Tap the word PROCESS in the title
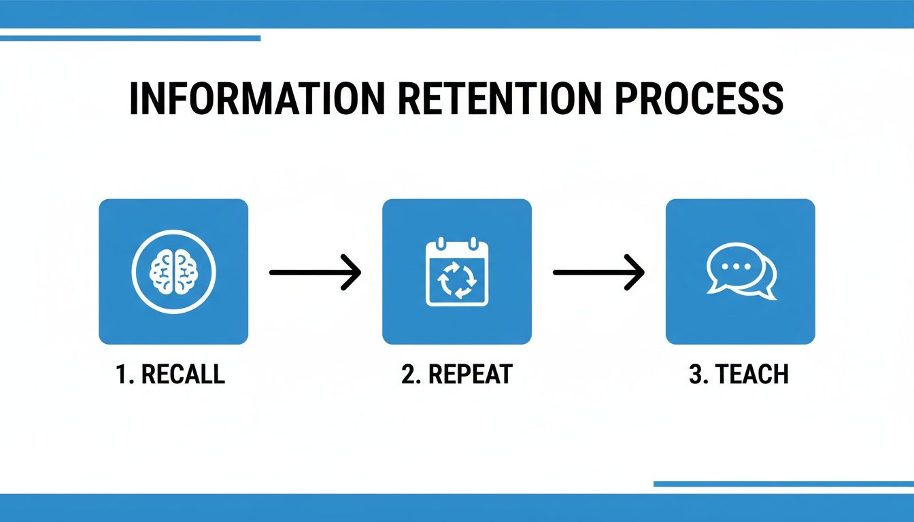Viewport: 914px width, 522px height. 701,99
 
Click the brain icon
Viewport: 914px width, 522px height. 173,272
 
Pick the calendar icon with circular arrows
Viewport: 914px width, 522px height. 456,272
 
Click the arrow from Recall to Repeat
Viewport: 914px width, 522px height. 315,273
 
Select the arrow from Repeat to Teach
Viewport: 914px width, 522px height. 598,273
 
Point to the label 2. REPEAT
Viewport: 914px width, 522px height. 456,375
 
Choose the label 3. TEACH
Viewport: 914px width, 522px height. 739,375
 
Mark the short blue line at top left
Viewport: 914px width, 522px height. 130,38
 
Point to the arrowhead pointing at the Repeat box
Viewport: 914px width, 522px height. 352,273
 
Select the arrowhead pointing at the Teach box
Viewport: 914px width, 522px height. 636,273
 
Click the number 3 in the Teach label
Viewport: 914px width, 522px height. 695,375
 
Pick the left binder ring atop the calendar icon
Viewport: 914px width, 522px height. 440,243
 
